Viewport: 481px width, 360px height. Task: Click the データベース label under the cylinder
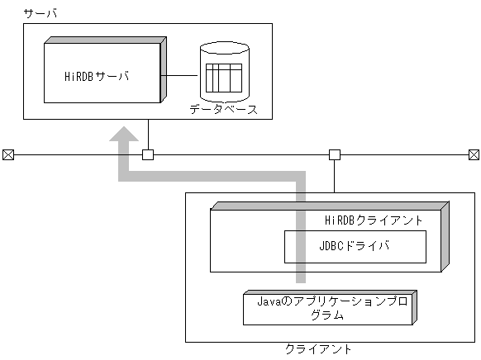(223, 109)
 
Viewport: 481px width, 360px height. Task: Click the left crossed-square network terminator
(8, 154)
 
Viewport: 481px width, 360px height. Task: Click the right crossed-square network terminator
(474, 154)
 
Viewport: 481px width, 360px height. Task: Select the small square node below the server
(148, 154)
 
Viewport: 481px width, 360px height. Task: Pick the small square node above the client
(334, 154)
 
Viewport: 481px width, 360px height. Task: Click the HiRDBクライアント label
(374, 220)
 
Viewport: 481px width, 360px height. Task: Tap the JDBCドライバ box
(355, 246)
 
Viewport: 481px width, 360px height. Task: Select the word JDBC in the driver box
(331, 246)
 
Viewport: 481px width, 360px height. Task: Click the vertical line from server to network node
(148, 135)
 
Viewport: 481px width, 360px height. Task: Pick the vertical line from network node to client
(334, 176)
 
